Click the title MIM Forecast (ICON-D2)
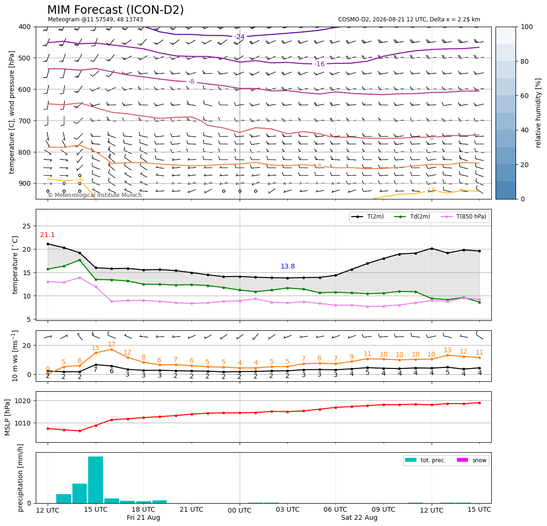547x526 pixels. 115,10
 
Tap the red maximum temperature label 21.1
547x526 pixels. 47,235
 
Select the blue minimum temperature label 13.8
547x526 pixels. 287,266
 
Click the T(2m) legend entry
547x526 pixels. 367,217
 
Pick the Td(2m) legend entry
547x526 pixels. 412,217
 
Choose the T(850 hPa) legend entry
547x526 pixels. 464,217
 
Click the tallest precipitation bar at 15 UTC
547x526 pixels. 96,480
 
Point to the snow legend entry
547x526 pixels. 472,460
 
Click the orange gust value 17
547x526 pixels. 111,344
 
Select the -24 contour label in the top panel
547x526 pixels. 239,37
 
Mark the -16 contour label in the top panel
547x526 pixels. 319,64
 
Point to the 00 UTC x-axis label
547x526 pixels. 240,510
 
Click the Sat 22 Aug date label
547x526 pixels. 359,517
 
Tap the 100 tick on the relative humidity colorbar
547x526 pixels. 527,27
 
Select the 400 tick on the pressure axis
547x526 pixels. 25,27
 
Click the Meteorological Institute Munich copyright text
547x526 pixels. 94,195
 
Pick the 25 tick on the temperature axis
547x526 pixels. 27,226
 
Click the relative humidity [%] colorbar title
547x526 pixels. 538,113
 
